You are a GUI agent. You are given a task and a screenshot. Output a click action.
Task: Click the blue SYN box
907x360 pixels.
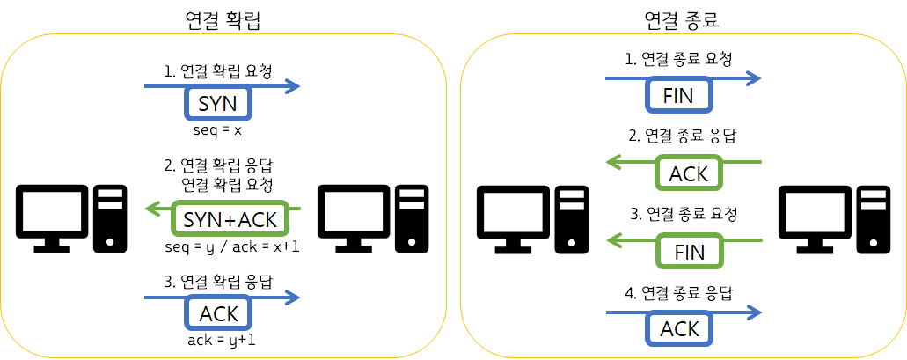[218, 104]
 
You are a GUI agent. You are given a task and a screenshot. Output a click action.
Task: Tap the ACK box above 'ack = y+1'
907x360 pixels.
[218, 313]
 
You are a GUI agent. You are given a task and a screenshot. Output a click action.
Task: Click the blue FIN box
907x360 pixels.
[678, 95]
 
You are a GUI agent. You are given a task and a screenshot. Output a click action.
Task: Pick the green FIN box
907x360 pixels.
[689, 252]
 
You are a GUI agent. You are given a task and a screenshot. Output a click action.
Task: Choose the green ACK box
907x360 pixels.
[688, 173]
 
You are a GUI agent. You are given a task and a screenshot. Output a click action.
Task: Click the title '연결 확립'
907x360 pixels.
[223, 19]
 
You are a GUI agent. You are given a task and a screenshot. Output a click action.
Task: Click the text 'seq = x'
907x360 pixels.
[216, 130]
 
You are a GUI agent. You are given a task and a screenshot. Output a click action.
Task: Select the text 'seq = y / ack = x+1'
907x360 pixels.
[231, 246]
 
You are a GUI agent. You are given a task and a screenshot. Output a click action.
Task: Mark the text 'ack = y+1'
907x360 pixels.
[220, 340]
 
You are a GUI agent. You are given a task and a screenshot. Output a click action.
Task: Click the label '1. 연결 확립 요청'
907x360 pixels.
[218, 70]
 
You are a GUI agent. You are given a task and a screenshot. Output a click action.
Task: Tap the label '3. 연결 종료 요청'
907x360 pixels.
[682, 214]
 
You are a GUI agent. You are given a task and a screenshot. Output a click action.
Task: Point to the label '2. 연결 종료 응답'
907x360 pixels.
[682, 136]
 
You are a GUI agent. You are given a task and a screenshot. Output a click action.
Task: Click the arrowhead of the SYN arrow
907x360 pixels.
[293, 86]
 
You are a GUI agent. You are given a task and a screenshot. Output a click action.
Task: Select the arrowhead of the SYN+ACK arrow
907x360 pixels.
[152, 209]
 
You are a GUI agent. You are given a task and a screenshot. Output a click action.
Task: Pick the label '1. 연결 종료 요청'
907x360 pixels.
[678, 59]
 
